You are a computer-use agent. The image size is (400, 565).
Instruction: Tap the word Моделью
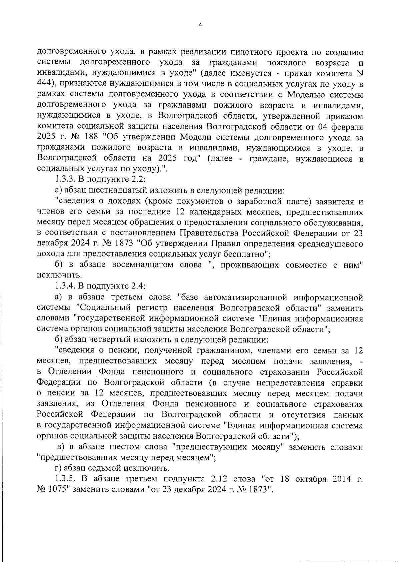(x=305, y=95)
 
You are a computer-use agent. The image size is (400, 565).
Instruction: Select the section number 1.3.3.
(x=65, y=180)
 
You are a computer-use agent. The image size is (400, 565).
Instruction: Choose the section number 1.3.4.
(x=65, y=286)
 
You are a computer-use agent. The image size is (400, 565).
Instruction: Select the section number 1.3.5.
(x=65, y=479)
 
